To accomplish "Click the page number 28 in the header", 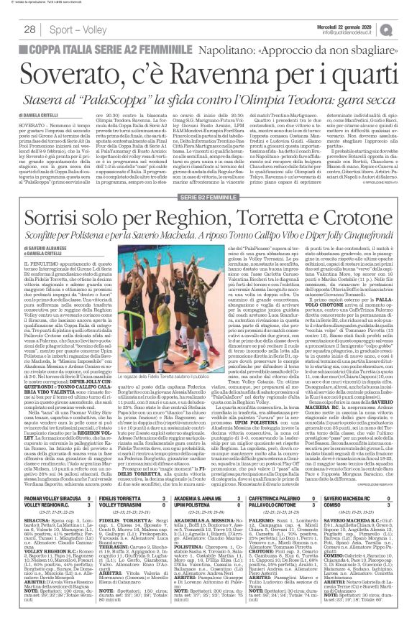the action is point(30,29).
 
